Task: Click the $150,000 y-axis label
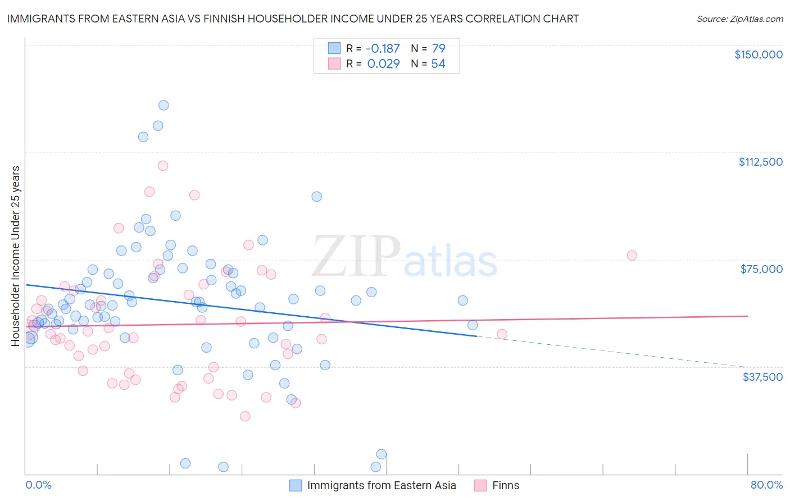[x=758, y=54]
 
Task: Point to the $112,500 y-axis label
[x=760, y=162]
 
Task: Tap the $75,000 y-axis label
[x=761, y=269]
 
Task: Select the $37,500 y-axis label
[x=762, y=377]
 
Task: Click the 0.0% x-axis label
[x=38, y=485]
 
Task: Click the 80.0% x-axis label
[x=766, y=485]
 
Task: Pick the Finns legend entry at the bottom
[x=505, y=485]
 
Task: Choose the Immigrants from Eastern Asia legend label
[x=381, y=485]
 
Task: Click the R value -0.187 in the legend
[x=383, y=48]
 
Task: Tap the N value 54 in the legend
[x=438, y=63]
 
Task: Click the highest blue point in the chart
[x=164, y=105]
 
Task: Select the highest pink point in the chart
[x=163, y=166]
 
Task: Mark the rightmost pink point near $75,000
[x=632, y=256]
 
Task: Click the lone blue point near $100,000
[x=317, y=197]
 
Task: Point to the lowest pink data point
[x=245, y=416]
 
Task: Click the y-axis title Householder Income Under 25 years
[x=16, y=256]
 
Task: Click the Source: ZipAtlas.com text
[x=739, y=19]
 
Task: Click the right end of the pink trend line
[x=746, y=316]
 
